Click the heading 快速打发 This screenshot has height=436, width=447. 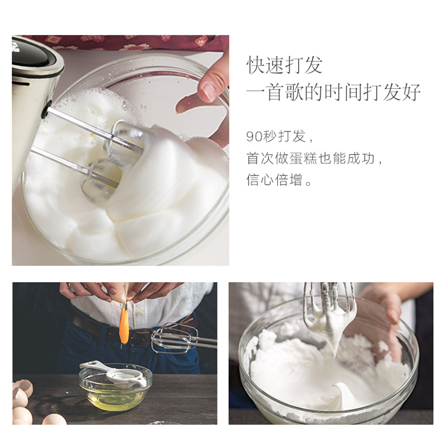click(284, 66)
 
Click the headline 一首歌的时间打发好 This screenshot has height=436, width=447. click(333, 92)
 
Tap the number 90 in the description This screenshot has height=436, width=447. click(254, 137)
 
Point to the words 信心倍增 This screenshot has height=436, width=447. click(274, 180)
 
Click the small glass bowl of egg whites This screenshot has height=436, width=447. click(116, 388)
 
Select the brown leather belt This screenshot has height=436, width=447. click(132, 330)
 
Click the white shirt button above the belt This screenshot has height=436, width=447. click(139, 314)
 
